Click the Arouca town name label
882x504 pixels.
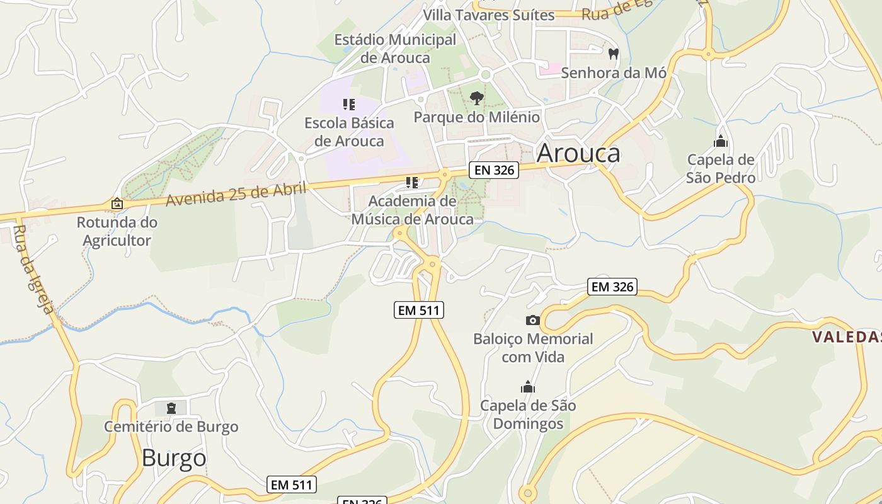pos(578,153)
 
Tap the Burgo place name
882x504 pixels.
pos(174,458)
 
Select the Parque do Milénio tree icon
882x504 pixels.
pos(477,98)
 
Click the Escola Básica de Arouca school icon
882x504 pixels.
pos(349,104)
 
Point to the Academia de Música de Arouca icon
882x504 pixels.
pos(412,183)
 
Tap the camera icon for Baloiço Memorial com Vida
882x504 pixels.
pos(532,320)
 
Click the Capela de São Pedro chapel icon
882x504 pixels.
pos(721,141)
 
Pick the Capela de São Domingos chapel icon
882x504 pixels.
pos(528,386)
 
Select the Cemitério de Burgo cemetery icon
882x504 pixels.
pos(171,408)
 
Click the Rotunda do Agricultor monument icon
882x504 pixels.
pos(117,203)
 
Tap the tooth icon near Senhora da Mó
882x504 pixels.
pos(614,54)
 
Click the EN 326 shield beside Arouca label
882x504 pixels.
pos(493,169)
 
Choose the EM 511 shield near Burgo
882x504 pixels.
pos(291,484)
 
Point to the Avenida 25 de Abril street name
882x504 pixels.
pos(236,193)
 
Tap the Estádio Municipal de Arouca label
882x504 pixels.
pos(395,49)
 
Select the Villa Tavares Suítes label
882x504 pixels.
pos(488,15)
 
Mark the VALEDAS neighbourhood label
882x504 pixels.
pos(846,337)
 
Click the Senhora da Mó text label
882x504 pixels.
pos(613,72)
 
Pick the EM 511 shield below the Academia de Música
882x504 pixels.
pos(419,310)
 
